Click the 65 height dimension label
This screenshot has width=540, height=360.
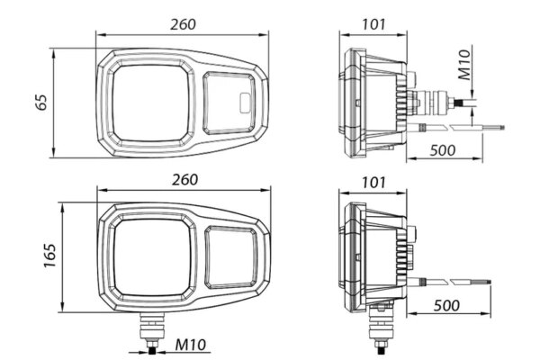click(42, 102)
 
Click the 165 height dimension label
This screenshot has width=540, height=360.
click(49, 256)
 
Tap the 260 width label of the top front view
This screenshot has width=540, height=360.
click(183, 24)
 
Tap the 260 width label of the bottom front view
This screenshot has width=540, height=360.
click(184, 180)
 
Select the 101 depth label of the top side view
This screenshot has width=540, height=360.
click(373, 24)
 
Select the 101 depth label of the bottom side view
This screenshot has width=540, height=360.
click(373, 182)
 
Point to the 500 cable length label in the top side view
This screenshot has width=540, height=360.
click(443, 150)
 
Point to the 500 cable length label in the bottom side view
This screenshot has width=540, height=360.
click(446, 305)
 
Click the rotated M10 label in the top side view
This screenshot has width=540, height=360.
click(464, 65)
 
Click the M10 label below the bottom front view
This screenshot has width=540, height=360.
click(191, 345)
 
